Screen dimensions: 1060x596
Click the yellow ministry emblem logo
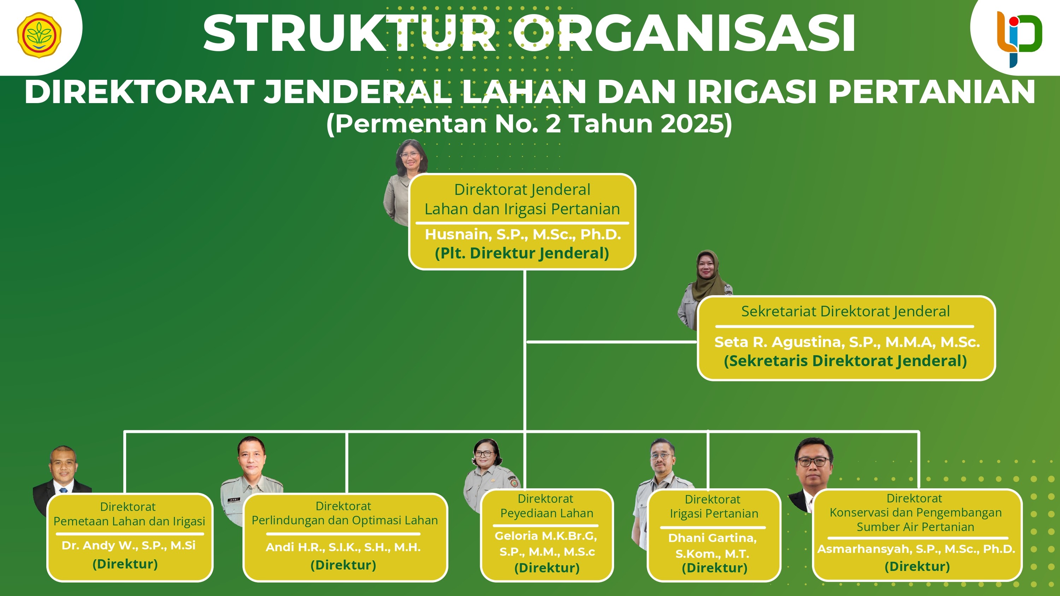click(39, 35)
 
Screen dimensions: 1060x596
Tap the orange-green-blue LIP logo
click(1019, 38)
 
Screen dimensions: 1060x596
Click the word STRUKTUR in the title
click(349, 33)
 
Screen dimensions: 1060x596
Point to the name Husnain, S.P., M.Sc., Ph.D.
click(523, 234)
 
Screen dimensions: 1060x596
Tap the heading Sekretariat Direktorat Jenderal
click(845, 311)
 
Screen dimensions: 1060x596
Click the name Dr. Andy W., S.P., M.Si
click(128, 546)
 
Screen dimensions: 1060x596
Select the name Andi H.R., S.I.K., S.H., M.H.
click(343, 547)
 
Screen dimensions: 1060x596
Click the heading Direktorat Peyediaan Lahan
click(547, 506)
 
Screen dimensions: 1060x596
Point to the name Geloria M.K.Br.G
click(546, 536)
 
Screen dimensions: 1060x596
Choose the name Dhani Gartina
click(712, 538)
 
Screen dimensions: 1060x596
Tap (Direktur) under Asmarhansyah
click(917, 566)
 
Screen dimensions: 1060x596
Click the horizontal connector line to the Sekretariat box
click(612, 342)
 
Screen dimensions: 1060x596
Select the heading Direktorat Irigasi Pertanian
click(713, 506)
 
